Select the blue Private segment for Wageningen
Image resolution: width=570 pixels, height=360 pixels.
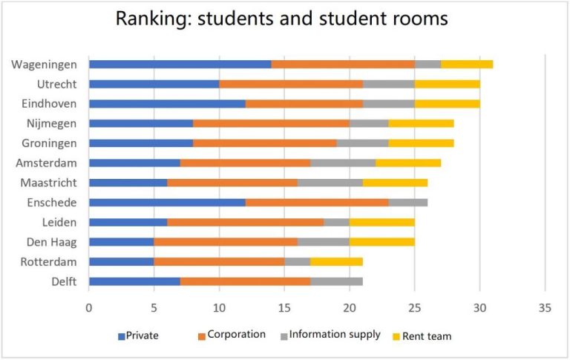pos(180,65)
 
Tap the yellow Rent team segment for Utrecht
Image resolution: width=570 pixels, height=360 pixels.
pos(447,84)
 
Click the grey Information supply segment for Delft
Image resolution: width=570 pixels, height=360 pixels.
pos(336,281)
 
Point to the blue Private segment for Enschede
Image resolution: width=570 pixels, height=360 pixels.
pos(167,202)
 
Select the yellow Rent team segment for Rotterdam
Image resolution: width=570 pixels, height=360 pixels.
pos(336,261)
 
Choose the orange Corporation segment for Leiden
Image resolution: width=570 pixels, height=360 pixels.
pos(245,222)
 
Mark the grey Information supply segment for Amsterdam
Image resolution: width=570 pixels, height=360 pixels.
pos(343,163)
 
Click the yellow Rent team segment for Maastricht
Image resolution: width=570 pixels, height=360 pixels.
pos(395,183)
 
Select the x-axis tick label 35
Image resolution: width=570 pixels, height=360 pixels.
pos(545,307)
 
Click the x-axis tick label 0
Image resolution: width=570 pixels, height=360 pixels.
pos(89,307)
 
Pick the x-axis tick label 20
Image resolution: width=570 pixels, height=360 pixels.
pos(350,307)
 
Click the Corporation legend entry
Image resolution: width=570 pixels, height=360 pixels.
pos(236,335)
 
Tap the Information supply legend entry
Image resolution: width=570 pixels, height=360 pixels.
pos(334,334)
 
